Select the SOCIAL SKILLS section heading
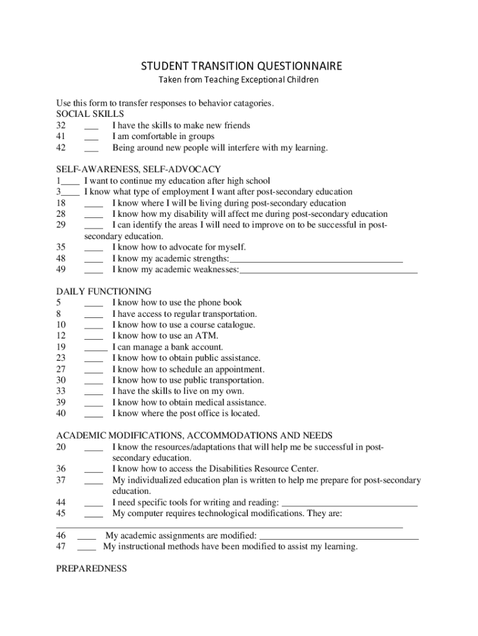click(x=90, y=114)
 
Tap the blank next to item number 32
click(x=91, y=126)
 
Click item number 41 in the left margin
click(x=61, y=137)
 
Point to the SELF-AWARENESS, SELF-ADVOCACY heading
click(x=138, y=170)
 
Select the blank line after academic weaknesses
click(x=328, y=270)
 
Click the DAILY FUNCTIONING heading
click(x=104, y=291)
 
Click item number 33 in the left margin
click(x=61, y=391)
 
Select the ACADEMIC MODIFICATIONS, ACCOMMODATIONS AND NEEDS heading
click(x=194, y=435)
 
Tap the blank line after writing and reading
click(x=349, y=503)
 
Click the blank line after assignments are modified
click(x=338, y=536)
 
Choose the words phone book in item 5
click(x=220, y=303)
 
